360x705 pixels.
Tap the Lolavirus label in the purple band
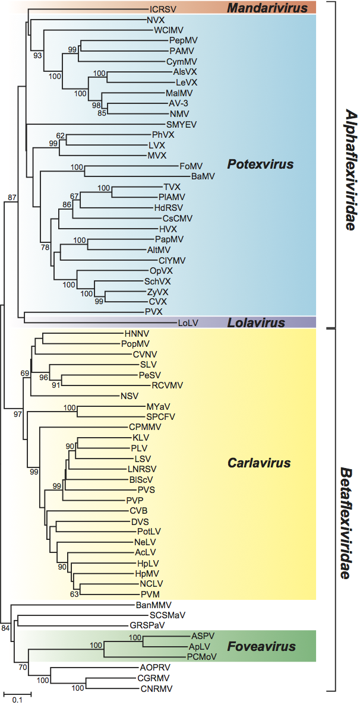point(257,323)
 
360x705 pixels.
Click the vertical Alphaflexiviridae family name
point(349,162)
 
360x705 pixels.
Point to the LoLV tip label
point(188,323)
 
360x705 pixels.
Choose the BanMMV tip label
point(151,604)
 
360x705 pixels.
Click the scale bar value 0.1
point(18,700)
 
